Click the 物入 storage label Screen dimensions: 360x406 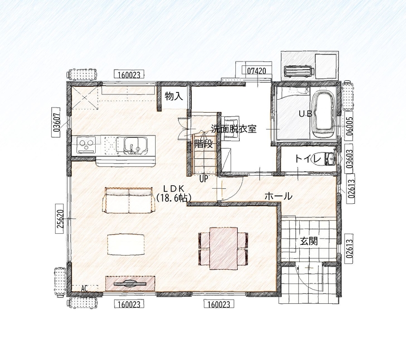point(174,96)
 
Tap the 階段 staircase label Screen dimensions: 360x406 point(203,144)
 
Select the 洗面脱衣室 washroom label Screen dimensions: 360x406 point(233,129)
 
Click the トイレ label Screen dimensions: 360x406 point(308,159)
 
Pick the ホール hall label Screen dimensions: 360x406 point(278,196)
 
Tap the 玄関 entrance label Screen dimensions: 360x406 point(308,241)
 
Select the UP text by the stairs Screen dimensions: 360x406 point(203,179)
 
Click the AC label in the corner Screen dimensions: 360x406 point(85,288)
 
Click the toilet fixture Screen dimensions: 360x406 point(331,159)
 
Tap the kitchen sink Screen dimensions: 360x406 point(132,145)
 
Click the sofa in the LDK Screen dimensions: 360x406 point(129,200)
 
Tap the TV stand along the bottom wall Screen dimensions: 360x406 point(130,283)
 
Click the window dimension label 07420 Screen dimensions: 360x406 point(256,71)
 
